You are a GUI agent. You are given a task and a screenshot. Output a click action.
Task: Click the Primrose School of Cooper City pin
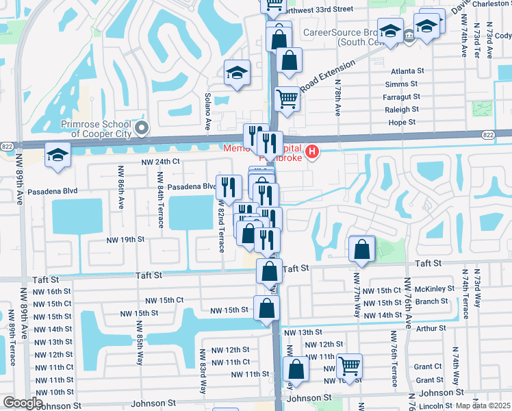142,128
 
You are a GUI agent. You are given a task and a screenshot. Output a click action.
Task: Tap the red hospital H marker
312,151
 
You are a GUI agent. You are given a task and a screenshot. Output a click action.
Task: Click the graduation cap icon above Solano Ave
237,73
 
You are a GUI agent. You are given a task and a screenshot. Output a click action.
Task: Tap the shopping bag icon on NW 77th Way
361,250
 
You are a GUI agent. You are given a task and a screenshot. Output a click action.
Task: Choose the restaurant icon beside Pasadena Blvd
229,186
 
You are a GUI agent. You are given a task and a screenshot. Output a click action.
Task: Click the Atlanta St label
408,71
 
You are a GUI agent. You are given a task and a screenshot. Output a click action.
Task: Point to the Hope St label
402,123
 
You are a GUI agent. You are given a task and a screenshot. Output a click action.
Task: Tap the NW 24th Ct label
160,162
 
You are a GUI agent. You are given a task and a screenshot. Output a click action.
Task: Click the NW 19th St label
125,240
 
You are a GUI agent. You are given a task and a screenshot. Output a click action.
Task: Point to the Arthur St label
431,329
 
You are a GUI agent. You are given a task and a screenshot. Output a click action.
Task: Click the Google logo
23,403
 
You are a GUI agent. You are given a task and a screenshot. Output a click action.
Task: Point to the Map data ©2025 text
483,406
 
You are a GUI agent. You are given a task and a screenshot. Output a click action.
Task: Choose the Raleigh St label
402,110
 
